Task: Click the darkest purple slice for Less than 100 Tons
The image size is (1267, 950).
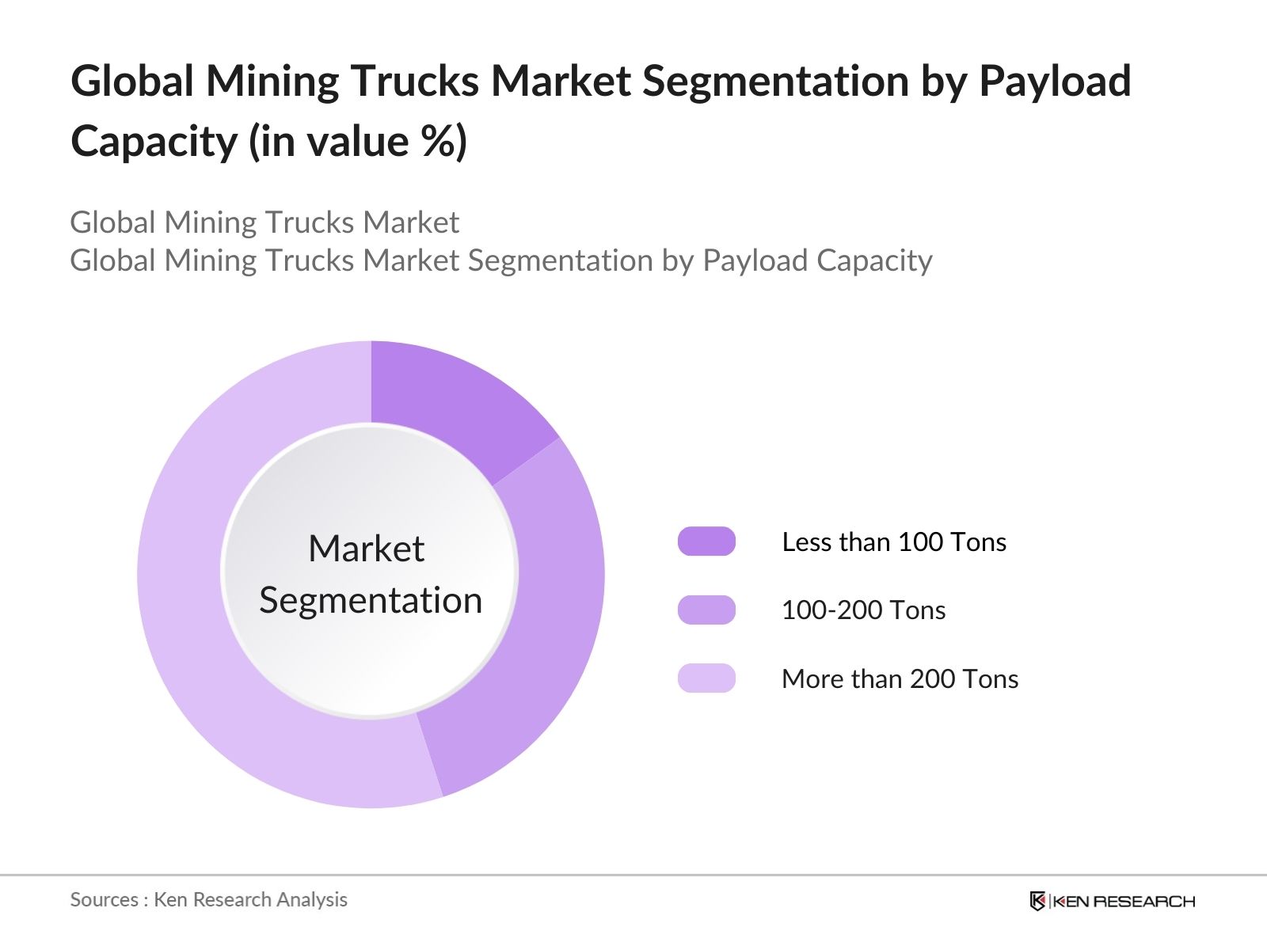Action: tap(451, 396)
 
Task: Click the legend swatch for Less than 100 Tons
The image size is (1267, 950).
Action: tap(706, 541)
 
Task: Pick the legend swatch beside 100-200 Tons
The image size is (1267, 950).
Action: tap(706, 610)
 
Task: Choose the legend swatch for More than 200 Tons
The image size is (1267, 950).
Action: tap(706, 678)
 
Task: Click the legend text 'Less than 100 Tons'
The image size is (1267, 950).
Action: tap(894, 541)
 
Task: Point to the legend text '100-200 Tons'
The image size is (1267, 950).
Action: tap(863, 610)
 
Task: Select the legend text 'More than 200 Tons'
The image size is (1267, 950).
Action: tap(900, 678)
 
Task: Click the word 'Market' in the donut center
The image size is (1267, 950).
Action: tap(367, 548)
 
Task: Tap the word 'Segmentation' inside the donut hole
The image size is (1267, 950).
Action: tap(371, 600)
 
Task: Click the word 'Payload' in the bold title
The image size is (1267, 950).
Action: tap(1055, 81)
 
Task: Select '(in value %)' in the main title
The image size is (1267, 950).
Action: tap(358, 142)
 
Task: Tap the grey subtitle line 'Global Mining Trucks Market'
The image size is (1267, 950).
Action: tap(264, 222)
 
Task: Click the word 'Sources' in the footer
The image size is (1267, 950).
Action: tap(105, 899)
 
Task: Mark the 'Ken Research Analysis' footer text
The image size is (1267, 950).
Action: tap(250, 899)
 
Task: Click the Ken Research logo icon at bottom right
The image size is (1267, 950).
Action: tap(1038, 901)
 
